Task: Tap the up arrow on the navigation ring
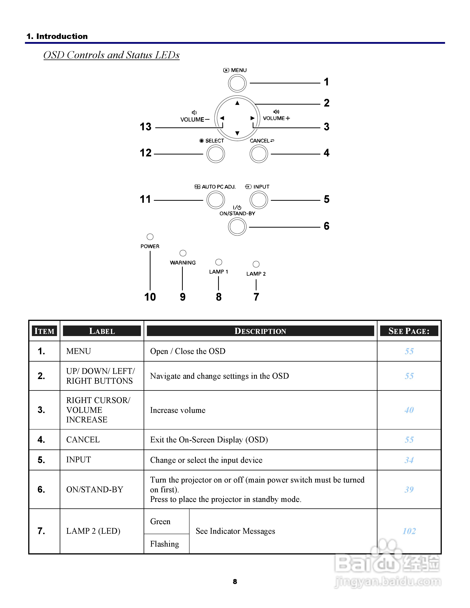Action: pos(237,103)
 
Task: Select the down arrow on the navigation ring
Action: pos(237,133)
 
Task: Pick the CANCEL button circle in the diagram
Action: pos(259,154)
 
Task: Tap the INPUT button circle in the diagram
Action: pos(259,200)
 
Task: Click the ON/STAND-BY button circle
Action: pos(237,227)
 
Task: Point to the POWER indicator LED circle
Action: pos(150,237)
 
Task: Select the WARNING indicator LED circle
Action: pos(183,253)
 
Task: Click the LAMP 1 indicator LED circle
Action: pos(219,262)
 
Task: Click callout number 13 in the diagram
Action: pos(146,127)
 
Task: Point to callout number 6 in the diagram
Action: pos(327,226)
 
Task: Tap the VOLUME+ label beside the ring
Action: pos(276,118)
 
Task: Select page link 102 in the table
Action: pos(409,531)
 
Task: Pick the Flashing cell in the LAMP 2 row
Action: pos(165,544)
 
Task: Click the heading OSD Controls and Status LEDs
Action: pos(111,55)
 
